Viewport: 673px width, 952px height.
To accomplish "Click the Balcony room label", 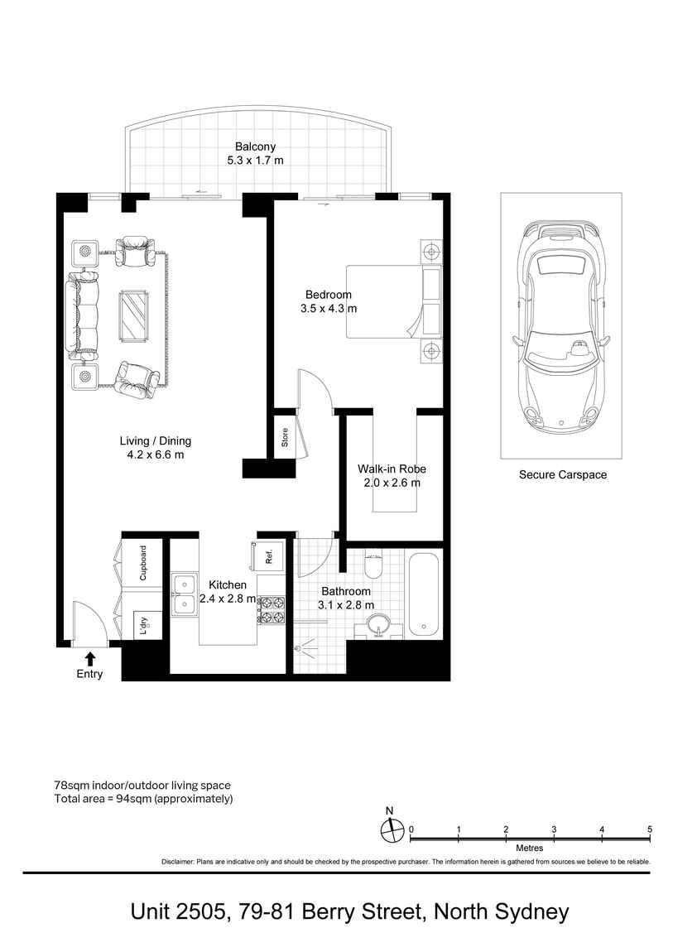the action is click(255, 147).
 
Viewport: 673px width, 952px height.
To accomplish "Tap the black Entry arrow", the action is click(89, 659).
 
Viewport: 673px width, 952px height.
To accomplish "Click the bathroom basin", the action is click(378, 626).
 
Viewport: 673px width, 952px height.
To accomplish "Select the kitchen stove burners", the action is click(272, 609).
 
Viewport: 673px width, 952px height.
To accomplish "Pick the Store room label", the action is click(285, 437).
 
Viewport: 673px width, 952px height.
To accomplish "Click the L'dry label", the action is click(144, 625).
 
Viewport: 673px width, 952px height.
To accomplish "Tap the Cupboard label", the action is click(143, 563).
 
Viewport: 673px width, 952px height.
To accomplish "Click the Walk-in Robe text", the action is click(392, 469).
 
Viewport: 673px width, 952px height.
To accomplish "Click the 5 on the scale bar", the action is click(650, 829).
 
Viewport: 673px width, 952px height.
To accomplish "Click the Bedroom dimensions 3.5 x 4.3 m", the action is click(329, 309).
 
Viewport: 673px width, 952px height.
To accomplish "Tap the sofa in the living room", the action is click(83, 315).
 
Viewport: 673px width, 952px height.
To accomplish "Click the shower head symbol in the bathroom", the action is click(305, 647).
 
